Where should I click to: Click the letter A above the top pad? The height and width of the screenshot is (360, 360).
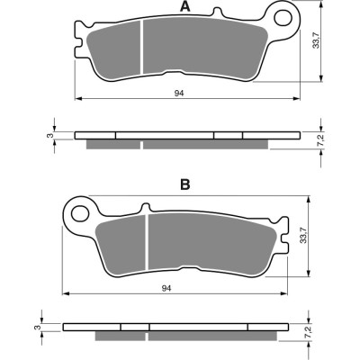pyautogui.click(x=185, y=6)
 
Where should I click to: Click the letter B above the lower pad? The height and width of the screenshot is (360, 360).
pyautogui.click(x=185, y=184)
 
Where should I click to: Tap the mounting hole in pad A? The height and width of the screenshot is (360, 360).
pyautogui.click(x=283, y=18)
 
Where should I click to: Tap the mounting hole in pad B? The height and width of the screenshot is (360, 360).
pyautogui.click(x=80, y=213)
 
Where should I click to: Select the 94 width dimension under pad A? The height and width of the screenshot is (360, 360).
pyautogui.click(x=179, y=94)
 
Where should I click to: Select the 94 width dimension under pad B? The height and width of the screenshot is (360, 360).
pyautogui.click(x=166, y=288)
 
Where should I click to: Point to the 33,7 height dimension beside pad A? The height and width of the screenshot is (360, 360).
pyautogui.click(x=317, y=41)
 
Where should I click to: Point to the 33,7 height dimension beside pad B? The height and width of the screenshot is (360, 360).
pyautogui.click(x=303, y=236)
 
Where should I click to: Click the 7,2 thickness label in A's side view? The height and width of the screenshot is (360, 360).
pyautogui.click(x=320, y=140)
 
